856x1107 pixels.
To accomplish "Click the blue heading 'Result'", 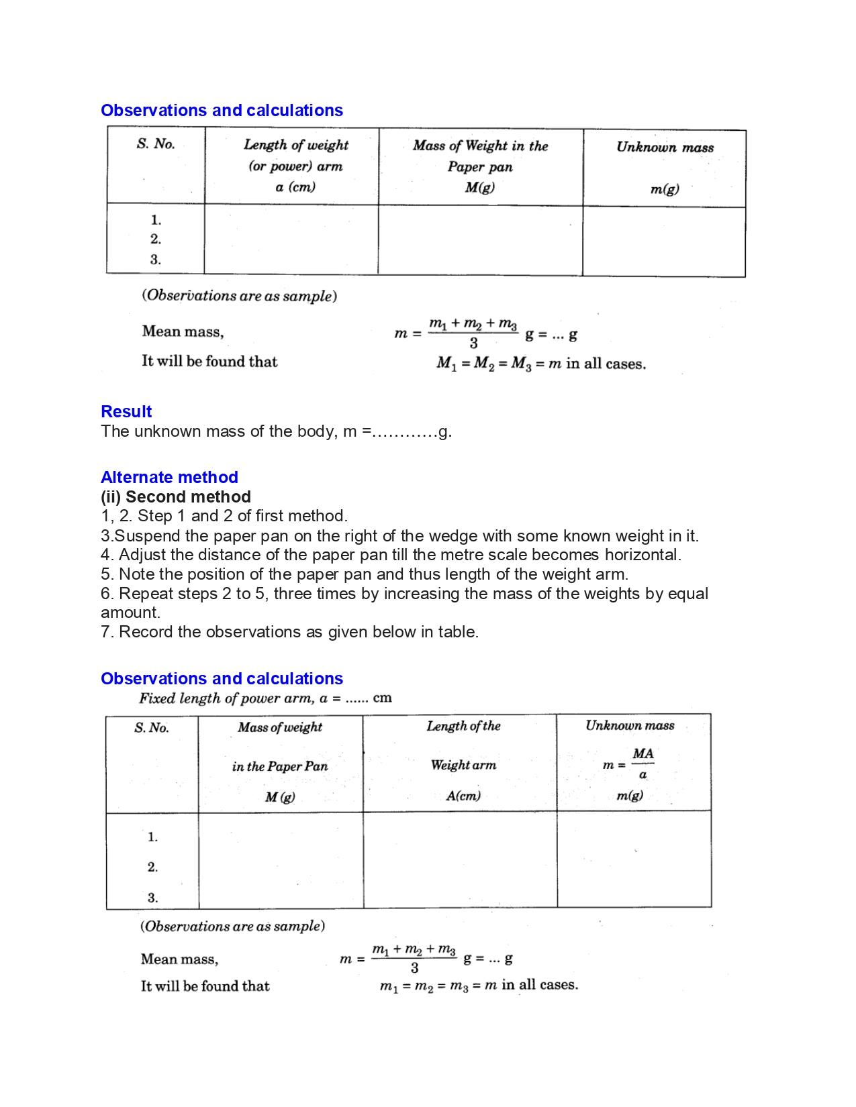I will click(x=126, y=411).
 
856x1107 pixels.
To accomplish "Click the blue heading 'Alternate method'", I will click(x=169, y=477).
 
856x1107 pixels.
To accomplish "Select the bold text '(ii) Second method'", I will click(x=176, y=496).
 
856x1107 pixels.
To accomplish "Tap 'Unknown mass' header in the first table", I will click(x=665, y=148).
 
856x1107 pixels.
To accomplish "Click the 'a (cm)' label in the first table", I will click(x=295, y=187).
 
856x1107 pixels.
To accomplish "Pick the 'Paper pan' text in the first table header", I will click(x=480, y=167).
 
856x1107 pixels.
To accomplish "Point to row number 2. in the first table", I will click(x=156, y=240).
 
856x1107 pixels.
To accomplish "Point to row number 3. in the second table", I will click(x=153, y=898).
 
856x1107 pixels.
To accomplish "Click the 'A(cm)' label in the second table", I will click(x=463, y=796).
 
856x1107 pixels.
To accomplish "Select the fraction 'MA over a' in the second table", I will click(x=643, y=763).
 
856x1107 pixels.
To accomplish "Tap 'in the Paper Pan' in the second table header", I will click(x=280, y=766).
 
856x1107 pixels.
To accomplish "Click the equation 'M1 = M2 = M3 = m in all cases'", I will click(x=540, y=364).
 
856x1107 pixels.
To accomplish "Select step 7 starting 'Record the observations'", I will click(x=289, y=632).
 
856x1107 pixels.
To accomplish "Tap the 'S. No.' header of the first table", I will click(x=156, y=144).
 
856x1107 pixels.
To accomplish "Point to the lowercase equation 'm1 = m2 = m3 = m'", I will click(x=438, y=986).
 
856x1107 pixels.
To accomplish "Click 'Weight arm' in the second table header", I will click(x=463, y=765).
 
